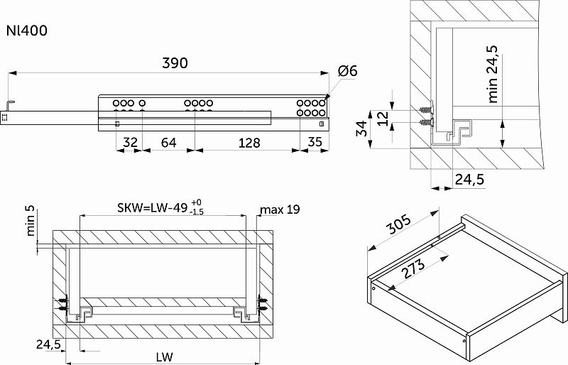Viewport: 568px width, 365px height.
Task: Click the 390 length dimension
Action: (174, 63)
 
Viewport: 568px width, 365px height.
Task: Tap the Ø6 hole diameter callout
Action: (348, 71)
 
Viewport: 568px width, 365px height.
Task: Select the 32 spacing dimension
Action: (129, 143)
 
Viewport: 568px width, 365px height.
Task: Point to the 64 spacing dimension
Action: (168, 143)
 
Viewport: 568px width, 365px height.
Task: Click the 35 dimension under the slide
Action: (315, 143)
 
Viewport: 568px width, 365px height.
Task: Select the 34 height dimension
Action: (361, 129)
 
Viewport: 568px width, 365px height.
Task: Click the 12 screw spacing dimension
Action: (383, 118)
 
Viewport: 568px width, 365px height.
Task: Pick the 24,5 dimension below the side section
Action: (469, 180)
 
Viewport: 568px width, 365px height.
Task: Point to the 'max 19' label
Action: (280, 209)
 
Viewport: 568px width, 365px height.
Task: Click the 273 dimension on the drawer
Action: (412, 268)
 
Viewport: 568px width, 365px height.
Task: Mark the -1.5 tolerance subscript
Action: (197, 212)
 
